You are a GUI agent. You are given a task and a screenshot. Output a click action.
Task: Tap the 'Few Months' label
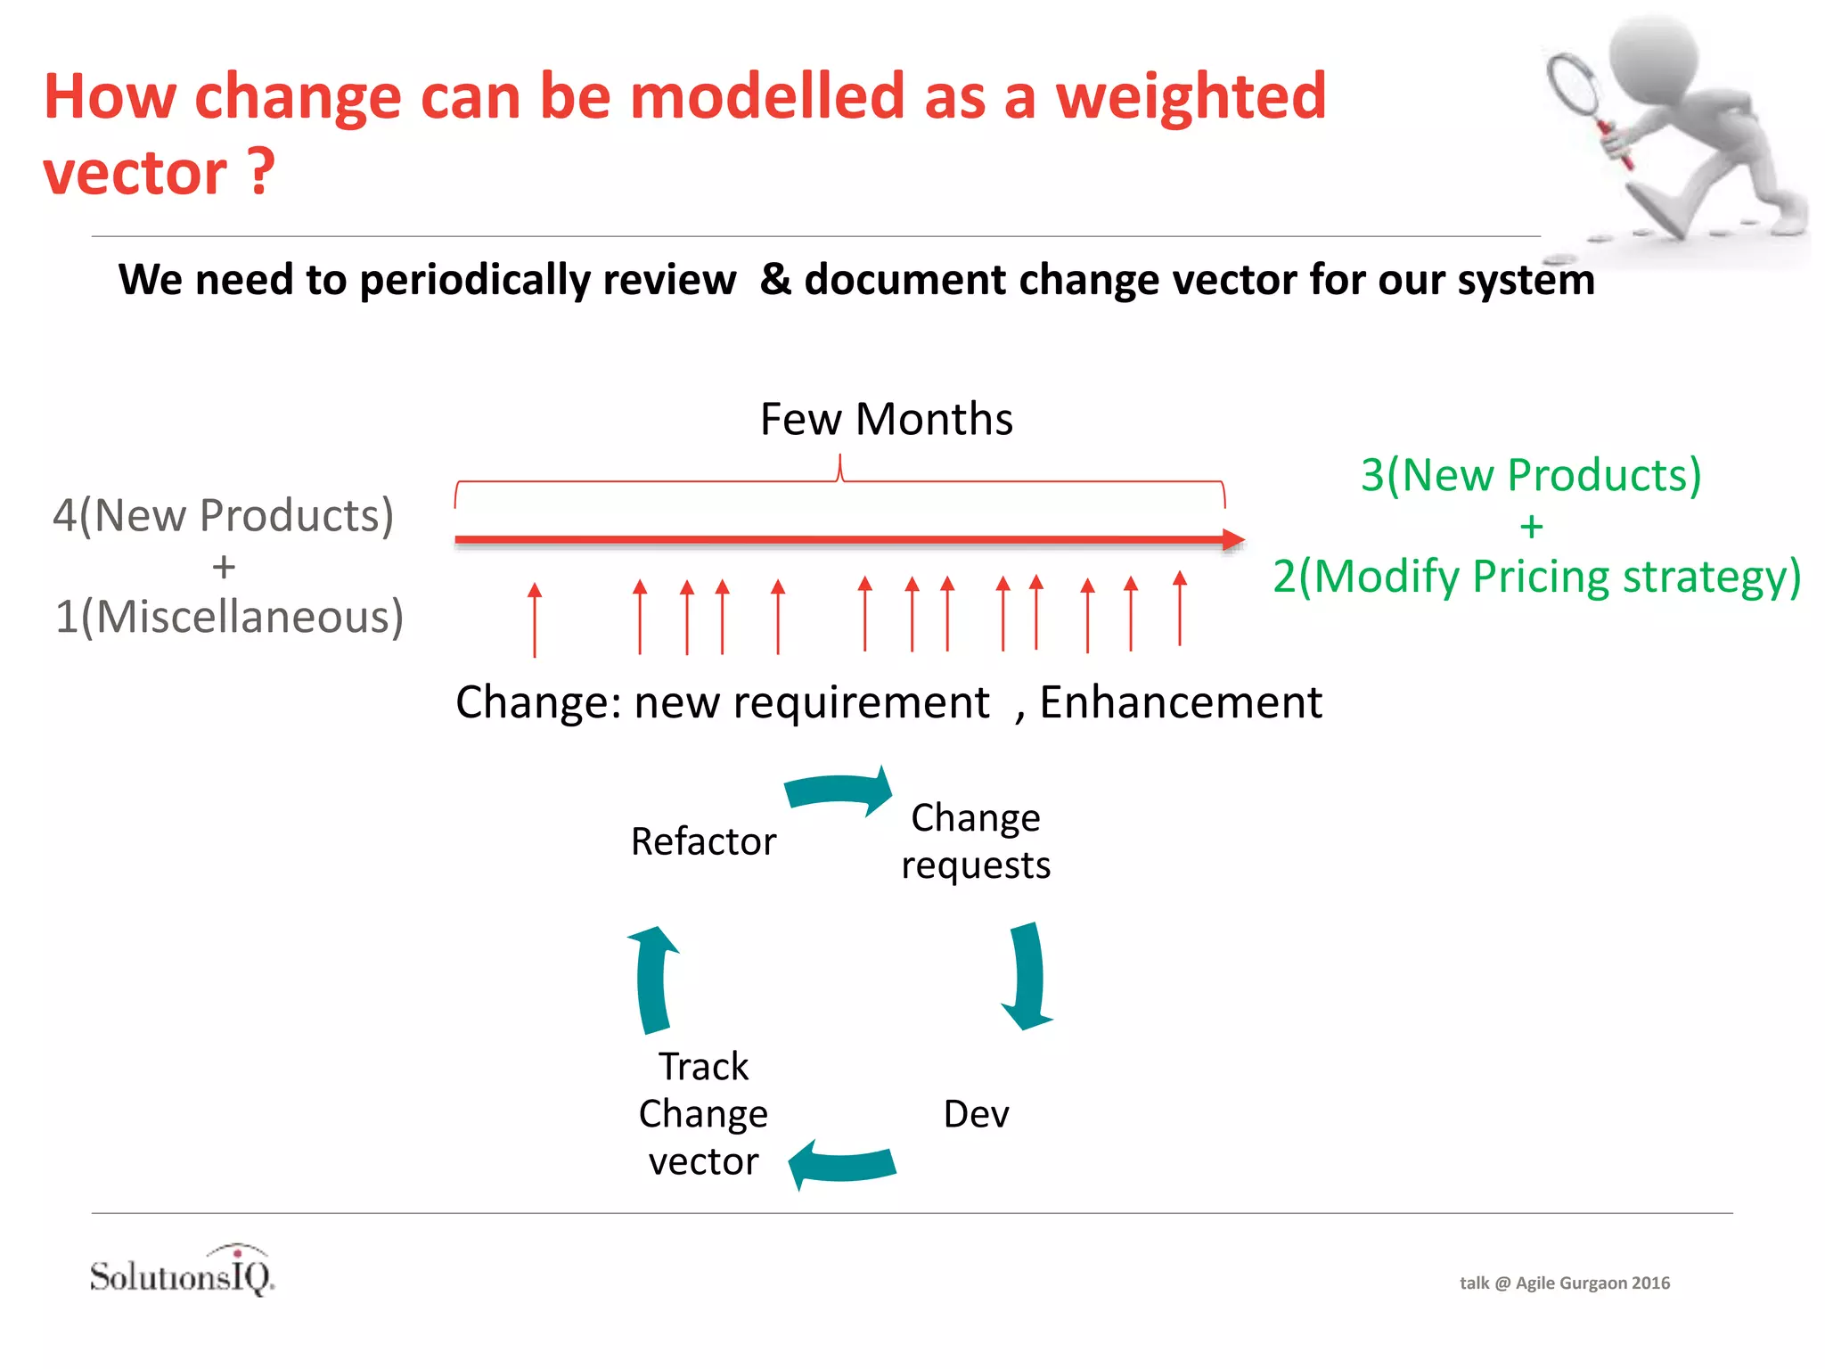coord(886,419)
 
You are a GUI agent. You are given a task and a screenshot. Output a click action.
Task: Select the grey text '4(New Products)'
coord(223,515)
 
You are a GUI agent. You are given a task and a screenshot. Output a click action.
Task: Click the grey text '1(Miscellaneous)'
coord(229,617)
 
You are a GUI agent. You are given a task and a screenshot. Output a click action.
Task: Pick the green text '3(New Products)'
coord(1530,475)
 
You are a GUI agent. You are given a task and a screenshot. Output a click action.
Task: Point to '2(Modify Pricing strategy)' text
coord(1536,577)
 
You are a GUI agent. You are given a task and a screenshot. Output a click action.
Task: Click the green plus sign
coord(1531,527)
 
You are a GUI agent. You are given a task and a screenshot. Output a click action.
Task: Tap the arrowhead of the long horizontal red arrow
coord(1233,539)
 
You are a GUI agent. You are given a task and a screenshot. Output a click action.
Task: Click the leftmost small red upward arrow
coord(535,619)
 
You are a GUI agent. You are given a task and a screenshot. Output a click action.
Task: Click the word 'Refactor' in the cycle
coord(703,841)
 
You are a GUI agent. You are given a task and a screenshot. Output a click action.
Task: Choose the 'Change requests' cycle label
coord(976,841)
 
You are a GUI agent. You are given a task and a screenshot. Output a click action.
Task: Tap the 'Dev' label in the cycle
coord(976,1114)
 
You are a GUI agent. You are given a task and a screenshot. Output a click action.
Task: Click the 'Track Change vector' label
coord(703,1114)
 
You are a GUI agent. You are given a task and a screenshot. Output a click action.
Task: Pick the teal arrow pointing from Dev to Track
coord(841,1164)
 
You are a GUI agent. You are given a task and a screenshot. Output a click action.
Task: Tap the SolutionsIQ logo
coord(183,1273)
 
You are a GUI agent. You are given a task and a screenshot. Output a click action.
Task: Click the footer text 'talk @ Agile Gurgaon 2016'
coord(1564,1283)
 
